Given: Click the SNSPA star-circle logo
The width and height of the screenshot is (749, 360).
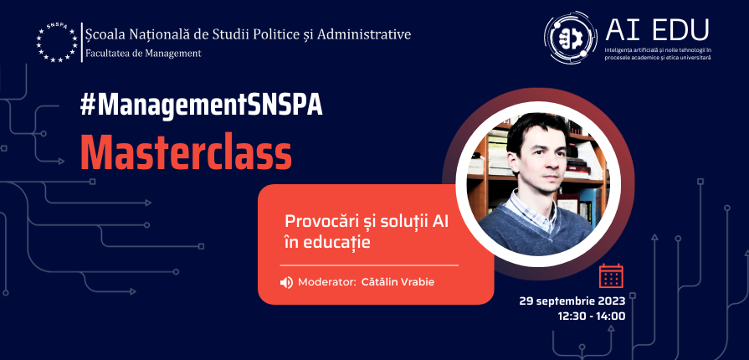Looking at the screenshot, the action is [57, 42].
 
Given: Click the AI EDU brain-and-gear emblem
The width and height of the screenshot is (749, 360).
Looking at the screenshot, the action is [571, 38].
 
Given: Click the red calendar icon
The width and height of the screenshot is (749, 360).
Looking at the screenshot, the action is [611, 275].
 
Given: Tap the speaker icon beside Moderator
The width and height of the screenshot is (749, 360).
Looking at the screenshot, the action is [286, 282].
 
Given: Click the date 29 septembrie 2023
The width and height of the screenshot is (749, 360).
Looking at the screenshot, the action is [572, 301].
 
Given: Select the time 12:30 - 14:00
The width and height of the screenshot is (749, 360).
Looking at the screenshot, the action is [592, 316].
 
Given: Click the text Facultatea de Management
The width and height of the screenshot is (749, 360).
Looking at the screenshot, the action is [143, 53].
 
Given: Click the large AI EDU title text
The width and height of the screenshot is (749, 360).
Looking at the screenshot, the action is [657, 29].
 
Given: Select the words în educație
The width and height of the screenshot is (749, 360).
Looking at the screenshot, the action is [328, 243].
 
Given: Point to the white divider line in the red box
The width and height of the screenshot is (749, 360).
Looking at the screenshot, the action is [369, 265].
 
